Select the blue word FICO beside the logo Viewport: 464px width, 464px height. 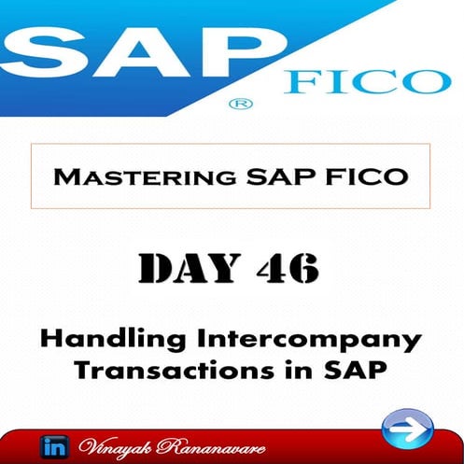click(368, 81)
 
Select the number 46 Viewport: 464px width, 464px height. click(285, 268)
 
